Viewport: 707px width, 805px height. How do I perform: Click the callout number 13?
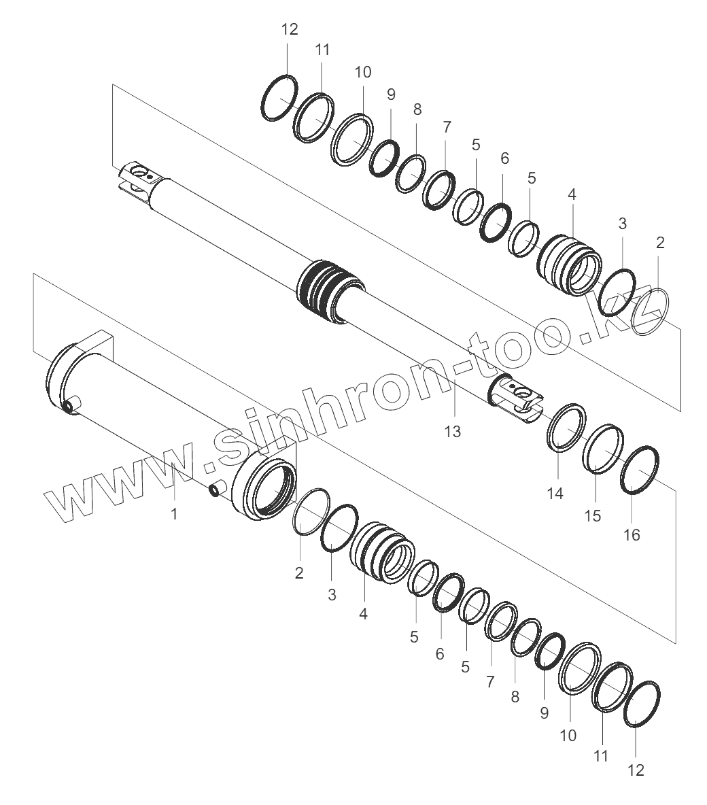[x=452, y=432]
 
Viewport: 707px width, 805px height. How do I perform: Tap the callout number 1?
[x=174, y=513]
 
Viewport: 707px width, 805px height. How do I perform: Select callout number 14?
[x=555, y=494]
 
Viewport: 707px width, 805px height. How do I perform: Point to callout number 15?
[x=593, y=516]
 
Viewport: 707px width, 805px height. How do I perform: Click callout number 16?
[x=632, y=535]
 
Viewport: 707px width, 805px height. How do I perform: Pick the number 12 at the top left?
[x=290, y=29]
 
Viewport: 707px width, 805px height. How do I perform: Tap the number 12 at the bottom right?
[x=636, y=770]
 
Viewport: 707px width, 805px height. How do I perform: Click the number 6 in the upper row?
[x=504, y=158]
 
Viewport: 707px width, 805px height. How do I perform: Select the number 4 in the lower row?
[x=364, y=613]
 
